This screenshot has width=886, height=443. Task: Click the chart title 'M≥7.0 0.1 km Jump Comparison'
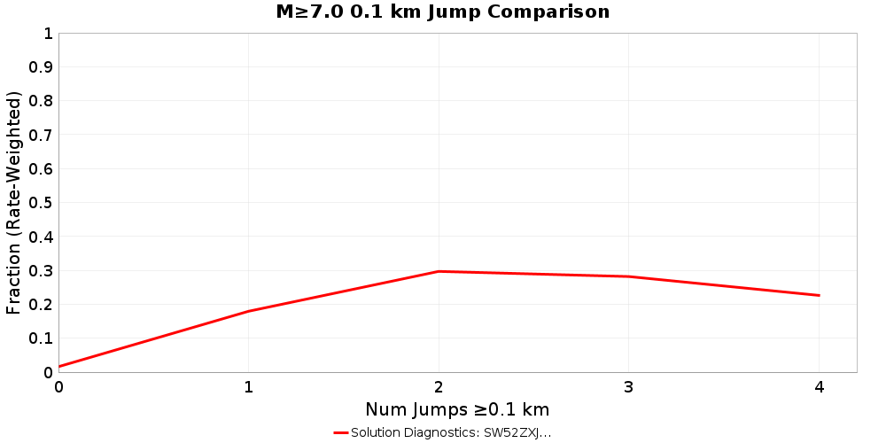443,12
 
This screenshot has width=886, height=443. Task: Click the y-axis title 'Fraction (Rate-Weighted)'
14,202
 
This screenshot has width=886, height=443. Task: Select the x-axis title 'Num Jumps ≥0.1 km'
457,409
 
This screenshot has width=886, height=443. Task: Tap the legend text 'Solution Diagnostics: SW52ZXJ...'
451,432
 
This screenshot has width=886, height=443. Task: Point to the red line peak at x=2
439,271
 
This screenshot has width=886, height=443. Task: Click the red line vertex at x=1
249,311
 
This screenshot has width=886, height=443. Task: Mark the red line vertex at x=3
628,276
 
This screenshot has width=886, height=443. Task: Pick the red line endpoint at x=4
819,295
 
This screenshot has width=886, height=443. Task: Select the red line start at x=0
59,366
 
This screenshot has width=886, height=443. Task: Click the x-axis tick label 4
819,387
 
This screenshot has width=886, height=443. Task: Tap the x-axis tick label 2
439,387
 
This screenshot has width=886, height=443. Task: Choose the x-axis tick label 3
628,387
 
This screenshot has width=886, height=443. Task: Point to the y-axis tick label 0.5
41,203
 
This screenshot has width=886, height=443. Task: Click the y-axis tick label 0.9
41,67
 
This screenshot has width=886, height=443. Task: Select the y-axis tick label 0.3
41,270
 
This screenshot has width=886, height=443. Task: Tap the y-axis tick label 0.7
41,135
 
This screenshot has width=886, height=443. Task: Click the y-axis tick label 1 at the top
48,34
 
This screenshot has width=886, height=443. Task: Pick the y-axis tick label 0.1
41,338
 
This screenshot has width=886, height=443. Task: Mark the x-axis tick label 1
249,387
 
